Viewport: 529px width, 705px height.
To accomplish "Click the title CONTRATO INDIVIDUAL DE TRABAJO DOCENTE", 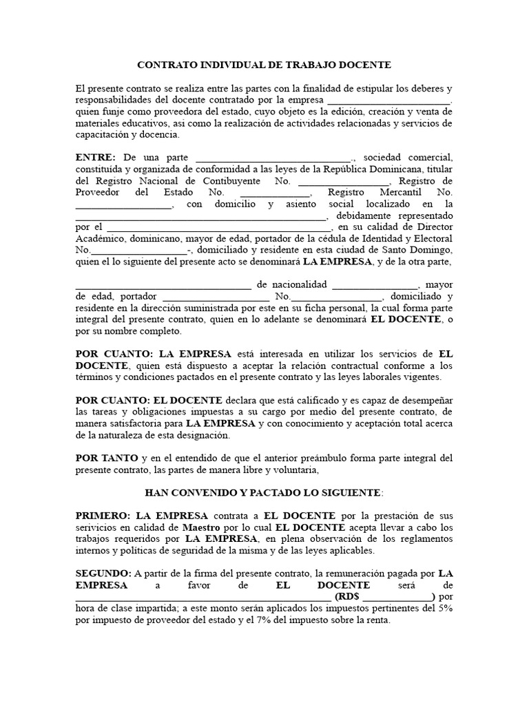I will [264, 65].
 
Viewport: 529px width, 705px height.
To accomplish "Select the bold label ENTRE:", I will [96, 158].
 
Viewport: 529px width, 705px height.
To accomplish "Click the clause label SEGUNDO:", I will [103, 574].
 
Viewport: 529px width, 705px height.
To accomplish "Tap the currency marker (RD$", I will [346, 597].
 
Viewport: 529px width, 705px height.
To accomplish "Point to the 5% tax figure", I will [444, 609].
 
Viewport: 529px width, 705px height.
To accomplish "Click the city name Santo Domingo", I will [419, 250].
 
